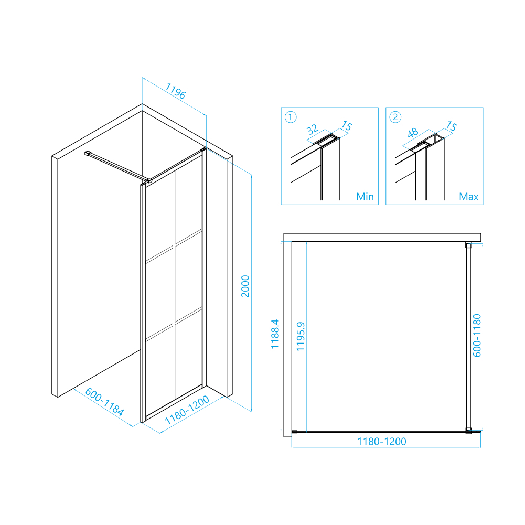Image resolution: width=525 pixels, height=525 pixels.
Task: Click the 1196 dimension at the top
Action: click(x=176, y=91)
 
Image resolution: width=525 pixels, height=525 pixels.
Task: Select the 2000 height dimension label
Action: click(x=245, y=286)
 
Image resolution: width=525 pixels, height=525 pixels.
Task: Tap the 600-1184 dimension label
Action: click(x=104, y=402)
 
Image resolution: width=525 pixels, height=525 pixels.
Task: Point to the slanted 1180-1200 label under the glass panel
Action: click(x=187, y=410)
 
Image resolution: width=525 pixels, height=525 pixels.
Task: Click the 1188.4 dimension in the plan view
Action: click(x=275, y=334)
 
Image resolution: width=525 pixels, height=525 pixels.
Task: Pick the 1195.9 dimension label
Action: click(x=301, y=337)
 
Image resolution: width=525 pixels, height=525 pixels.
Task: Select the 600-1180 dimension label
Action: click(x=477, y=336)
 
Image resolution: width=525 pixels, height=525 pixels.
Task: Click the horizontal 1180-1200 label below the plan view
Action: click(x=382, y=442)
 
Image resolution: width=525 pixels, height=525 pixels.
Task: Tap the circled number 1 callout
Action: click(x=290, y=117)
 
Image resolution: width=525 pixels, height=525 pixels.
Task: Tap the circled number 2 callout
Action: click(x=395, y=117)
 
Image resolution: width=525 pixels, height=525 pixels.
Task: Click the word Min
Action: click(x=365, y=197)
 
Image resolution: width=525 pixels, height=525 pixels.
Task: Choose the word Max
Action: click(x=469, y=197)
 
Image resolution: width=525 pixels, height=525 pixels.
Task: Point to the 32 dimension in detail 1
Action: click(x=312, y=129)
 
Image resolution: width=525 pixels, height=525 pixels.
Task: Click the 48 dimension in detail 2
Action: click(x=412, y=133)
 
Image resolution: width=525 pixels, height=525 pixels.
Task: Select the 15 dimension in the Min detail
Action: click(x=347, y=126)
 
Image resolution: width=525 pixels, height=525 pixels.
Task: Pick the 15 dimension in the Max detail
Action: click(x=452, y=126)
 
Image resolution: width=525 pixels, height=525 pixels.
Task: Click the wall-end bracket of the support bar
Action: click(x=88, y=153)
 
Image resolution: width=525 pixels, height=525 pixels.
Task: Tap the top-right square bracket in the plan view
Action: click(x=468, y=245)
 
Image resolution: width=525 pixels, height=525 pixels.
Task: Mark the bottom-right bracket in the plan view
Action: click(x=468, y=431)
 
